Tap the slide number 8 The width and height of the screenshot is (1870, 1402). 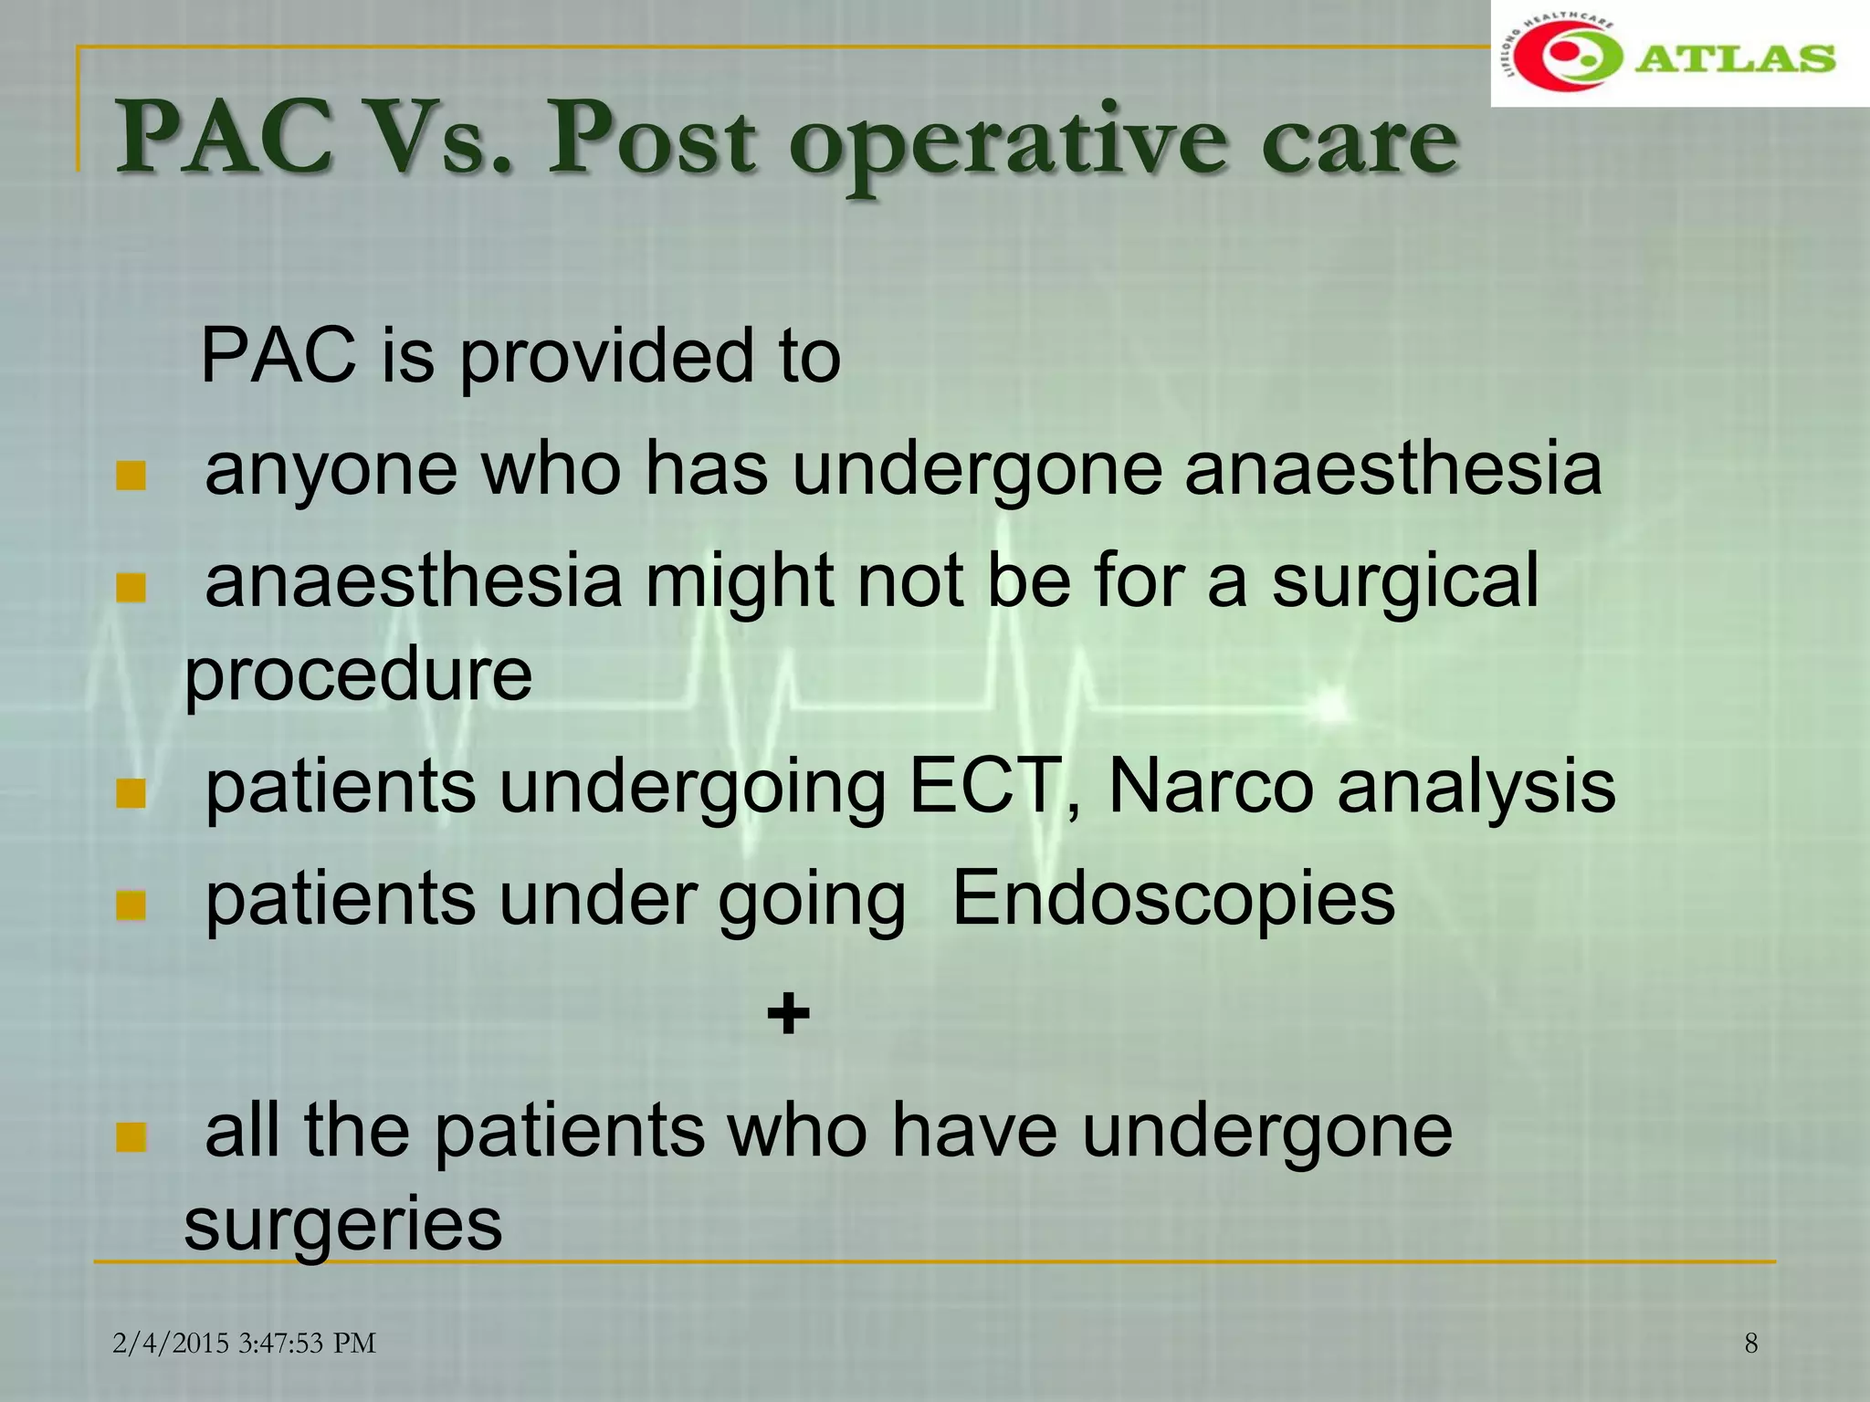click(x=1750, y=1343)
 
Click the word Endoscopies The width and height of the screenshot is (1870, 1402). click(x=1173, y=898)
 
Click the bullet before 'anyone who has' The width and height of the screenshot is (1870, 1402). click(x=131, y=476)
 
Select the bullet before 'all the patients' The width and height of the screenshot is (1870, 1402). click(x=131, y=1138)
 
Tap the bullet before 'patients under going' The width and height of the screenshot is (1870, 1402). click(x=131, y=905)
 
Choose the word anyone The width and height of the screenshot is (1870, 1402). click(x=331, y=470)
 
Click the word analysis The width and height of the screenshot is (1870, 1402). click(x=1476, y=788)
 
